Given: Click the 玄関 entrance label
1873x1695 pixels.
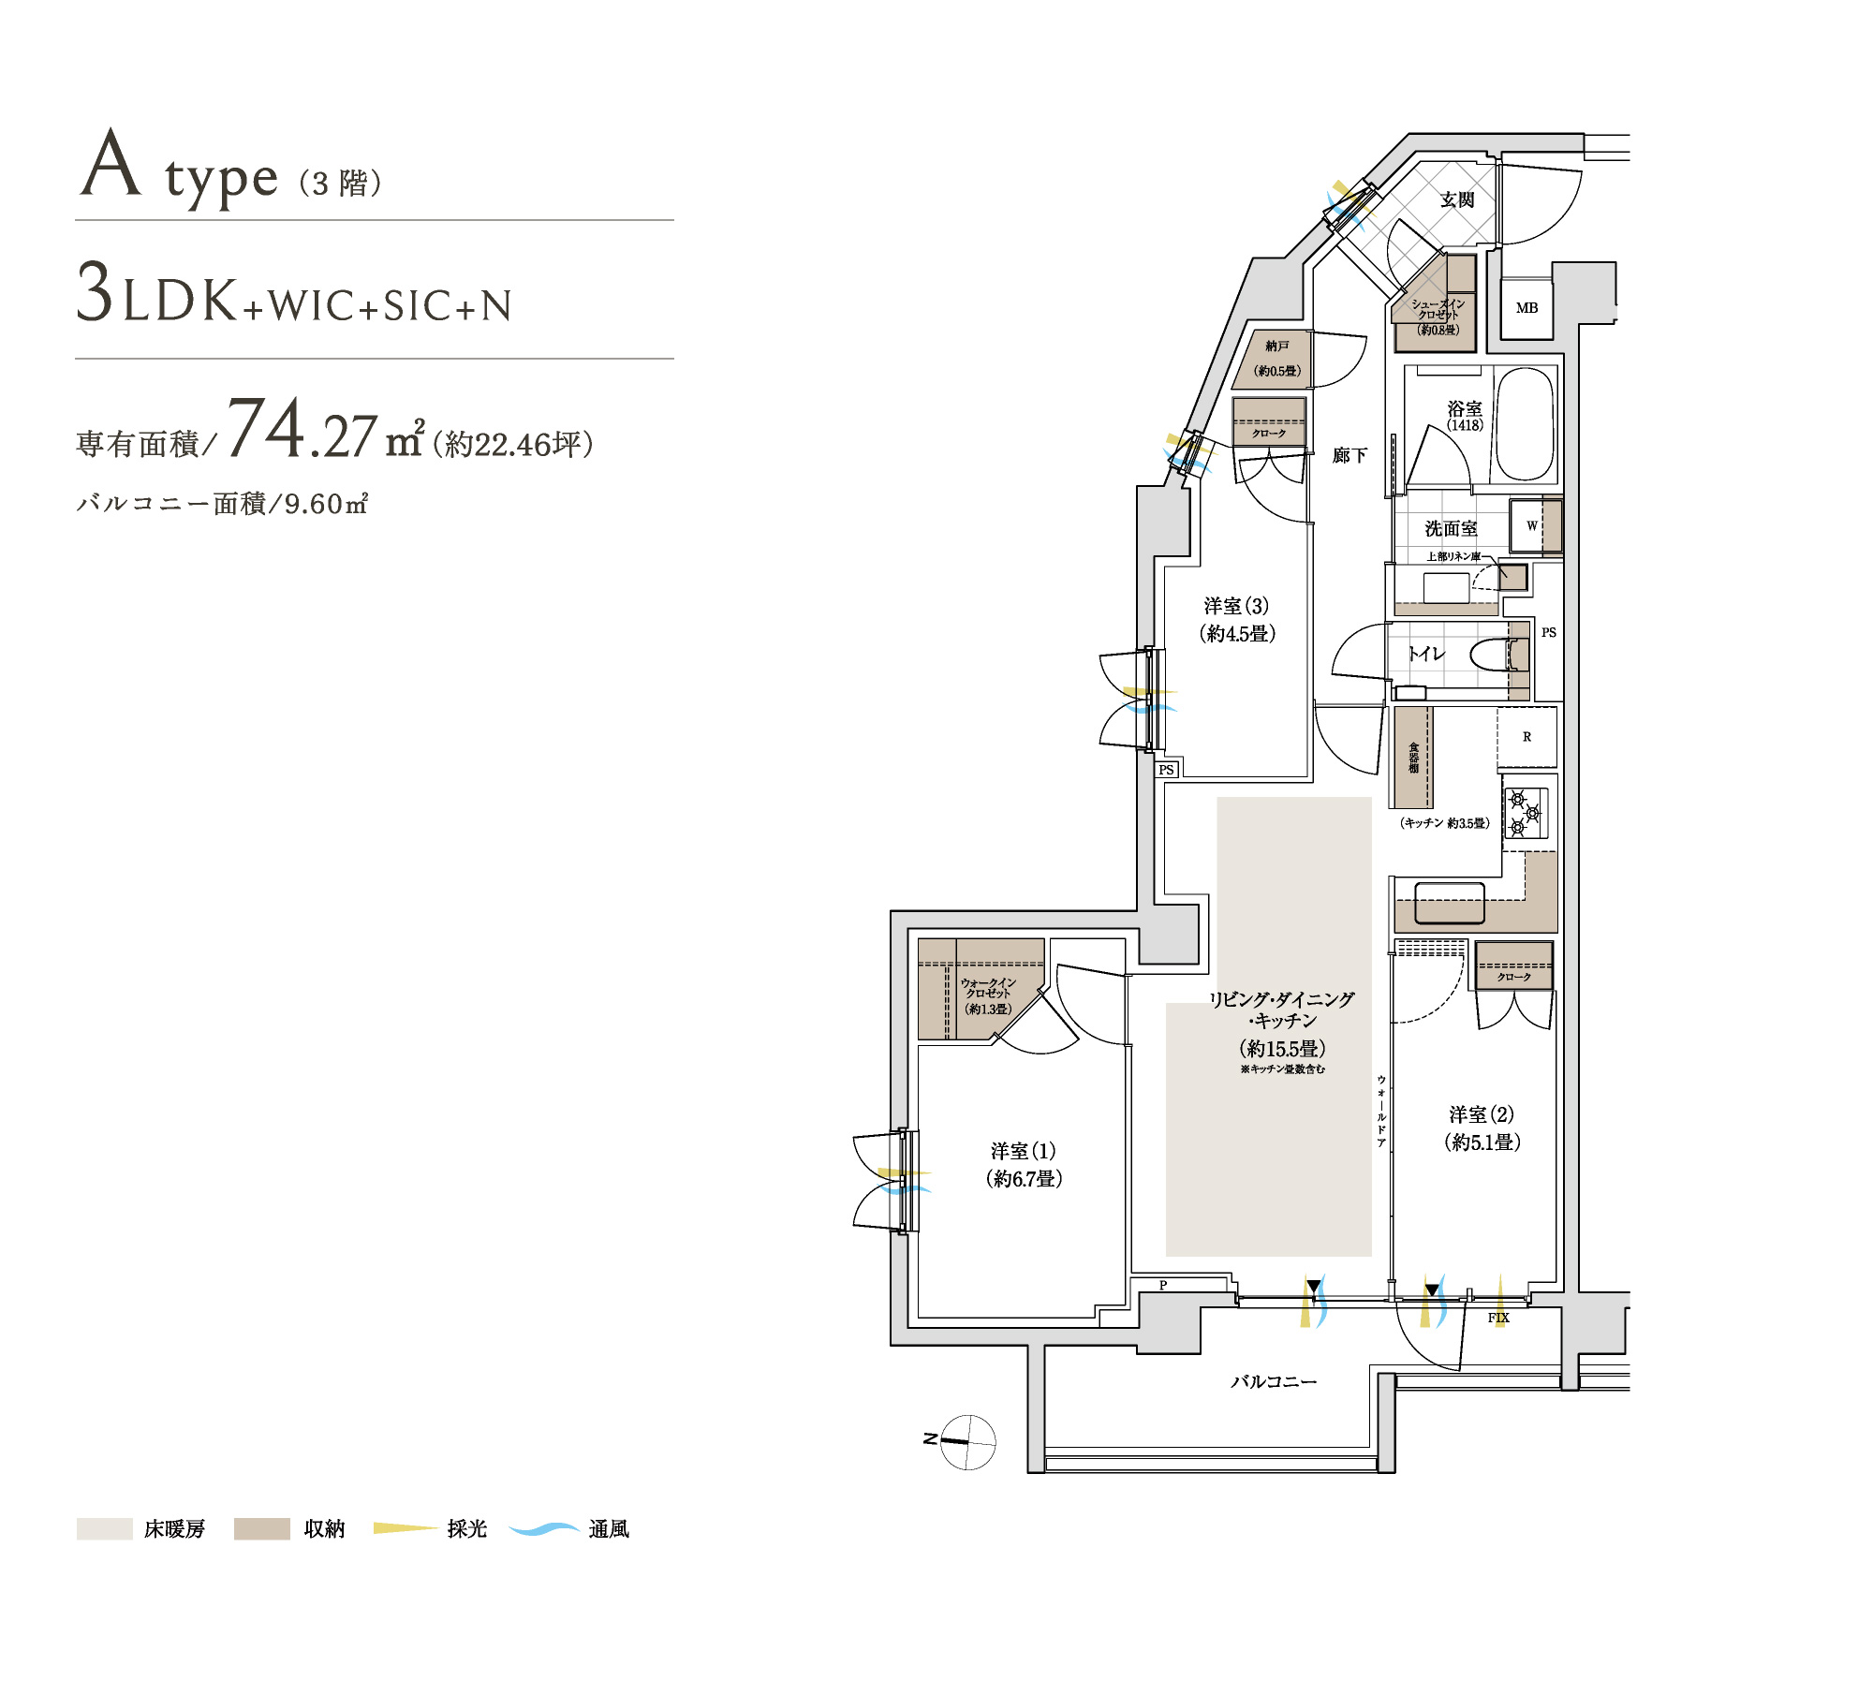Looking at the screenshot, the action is click(1457, 199).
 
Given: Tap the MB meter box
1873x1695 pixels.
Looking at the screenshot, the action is click(1526, 308).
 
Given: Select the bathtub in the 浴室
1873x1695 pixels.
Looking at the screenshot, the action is click(1525, 425).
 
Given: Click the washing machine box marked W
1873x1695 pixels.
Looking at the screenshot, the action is click(1532, 526).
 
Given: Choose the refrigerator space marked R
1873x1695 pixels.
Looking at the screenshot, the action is click(1526, 737).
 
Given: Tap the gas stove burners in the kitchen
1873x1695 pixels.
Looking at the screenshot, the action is click(1526, 813).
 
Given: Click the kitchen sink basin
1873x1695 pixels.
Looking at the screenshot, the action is click(1449, 903).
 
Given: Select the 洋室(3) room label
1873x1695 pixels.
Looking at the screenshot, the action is click(1237, 620).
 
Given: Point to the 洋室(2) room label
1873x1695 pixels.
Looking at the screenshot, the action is click(1482, 1128).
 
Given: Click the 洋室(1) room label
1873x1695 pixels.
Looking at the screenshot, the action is click(1024, 1165).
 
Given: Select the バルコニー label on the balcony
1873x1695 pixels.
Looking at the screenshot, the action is click(1274, 1381).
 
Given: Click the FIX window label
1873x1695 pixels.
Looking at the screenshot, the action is click(1498, 1318).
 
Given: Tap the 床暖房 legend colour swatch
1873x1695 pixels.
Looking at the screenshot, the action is click(104, 1529).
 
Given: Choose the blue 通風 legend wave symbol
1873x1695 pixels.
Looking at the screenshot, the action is click(545, 1529).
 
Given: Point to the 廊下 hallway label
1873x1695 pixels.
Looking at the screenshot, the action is click(1349, 455).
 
